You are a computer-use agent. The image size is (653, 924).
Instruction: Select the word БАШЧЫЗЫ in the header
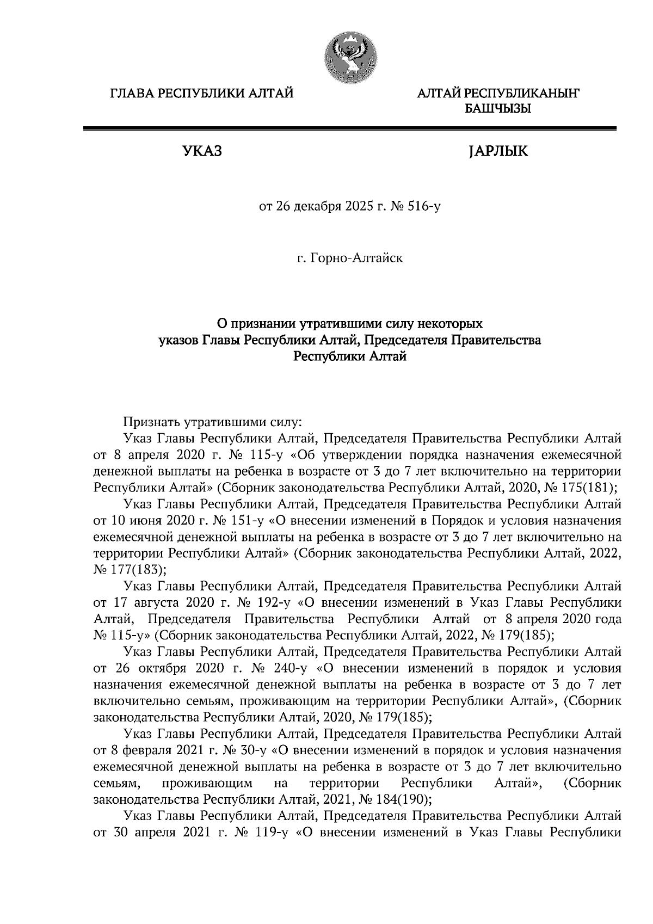pyautogui.click(x=497, y=109)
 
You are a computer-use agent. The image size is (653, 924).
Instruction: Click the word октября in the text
pyautogui.click(x=164, y=668)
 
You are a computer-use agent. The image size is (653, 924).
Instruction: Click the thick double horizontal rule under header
pyautogui.click(x=349, y=129)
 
